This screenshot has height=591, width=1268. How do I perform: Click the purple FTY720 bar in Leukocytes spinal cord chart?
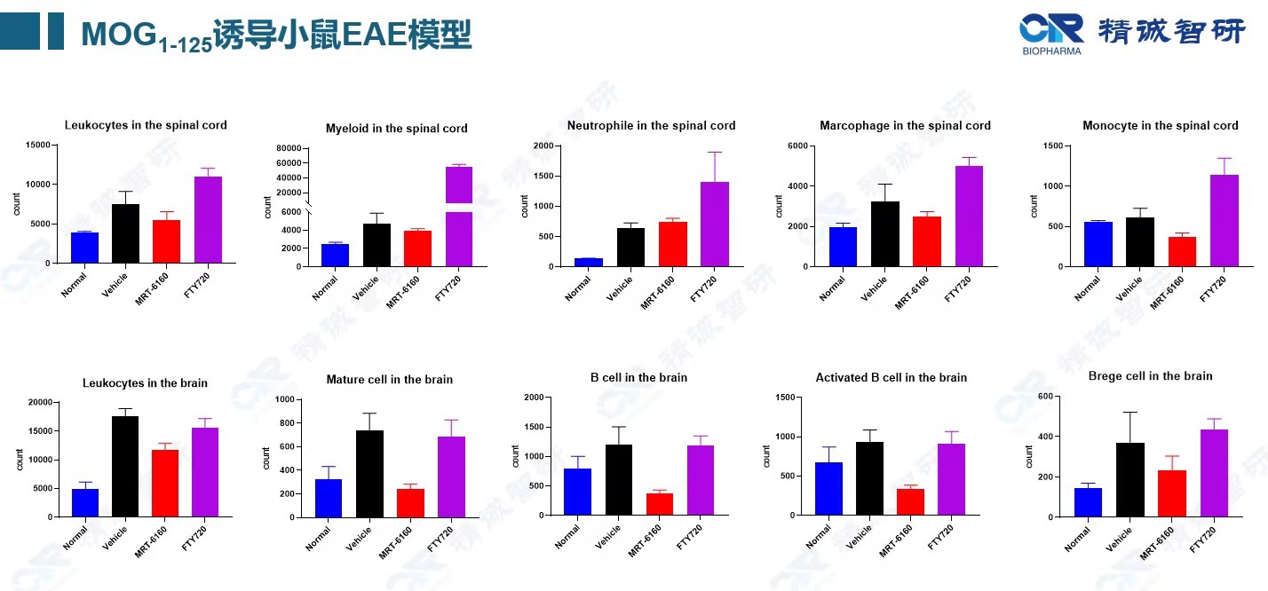[x=208, y=219]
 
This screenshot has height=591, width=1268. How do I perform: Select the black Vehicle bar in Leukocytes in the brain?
[x=124, y=466]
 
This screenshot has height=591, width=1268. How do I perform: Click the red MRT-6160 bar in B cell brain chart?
[x=659, y=504]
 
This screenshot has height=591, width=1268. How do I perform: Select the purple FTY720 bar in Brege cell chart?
[x=1214, y=473]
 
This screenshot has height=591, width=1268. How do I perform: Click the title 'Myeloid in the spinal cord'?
[x=396, y=129]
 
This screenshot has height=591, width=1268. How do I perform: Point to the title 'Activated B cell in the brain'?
[x=891, y=378]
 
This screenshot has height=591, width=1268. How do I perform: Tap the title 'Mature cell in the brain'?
[x=389, y=380]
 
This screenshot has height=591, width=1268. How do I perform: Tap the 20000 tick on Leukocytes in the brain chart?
[x=37, y=403]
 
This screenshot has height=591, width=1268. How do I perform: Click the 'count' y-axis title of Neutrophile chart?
[x=526, y=206]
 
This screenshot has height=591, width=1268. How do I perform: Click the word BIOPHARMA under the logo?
[x=1051, y=51]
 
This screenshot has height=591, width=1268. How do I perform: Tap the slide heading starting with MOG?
[x=276, y=34]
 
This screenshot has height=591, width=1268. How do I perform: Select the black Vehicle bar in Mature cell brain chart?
[x=369, y=473]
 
